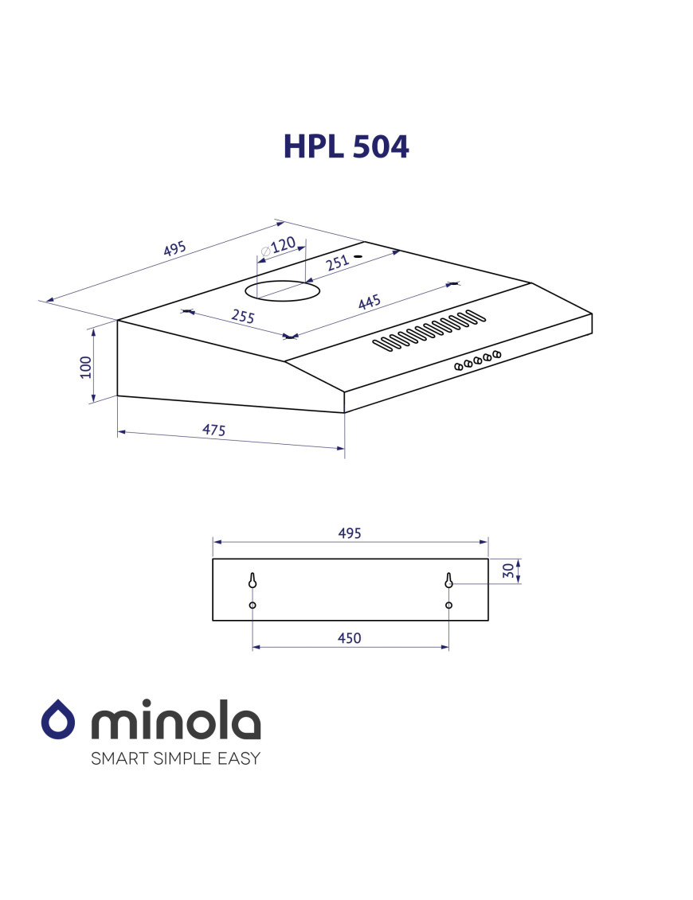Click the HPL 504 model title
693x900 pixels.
click(346, 146)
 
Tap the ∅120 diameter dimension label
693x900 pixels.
click(278, 247)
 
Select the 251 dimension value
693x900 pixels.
click(337, 263)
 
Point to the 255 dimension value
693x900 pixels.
click(243, 316)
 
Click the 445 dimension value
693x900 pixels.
click(369, 302)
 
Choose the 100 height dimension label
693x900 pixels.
click(85, 368)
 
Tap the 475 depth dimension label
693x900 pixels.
click(213, 430)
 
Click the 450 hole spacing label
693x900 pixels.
click(350, 637)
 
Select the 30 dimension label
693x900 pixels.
click(508, 571)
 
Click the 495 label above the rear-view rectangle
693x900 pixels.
click(350, 533)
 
